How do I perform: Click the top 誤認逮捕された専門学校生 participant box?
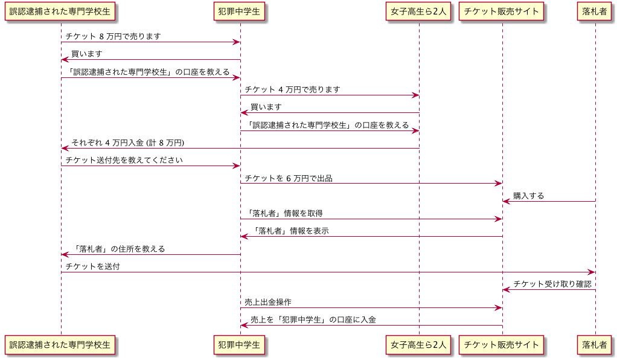point(60,11)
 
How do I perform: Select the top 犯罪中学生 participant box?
point(240,11)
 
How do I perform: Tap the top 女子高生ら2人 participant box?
point(418,11)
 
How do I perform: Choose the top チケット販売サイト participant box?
point(502,11)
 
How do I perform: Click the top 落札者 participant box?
point(595,11)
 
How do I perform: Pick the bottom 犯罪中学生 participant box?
point(240,345)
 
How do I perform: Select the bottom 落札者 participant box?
point(595,345)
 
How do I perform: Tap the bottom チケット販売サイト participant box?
point(502,345)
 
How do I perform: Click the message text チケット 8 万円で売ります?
point(113,36)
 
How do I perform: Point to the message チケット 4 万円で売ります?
point(292,89)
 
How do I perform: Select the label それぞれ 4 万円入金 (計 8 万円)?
point(127,143)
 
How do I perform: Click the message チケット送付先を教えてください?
point(124,161)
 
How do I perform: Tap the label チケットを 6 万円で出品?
point(288,178)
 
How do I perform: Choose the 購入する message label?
point(528,196)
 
